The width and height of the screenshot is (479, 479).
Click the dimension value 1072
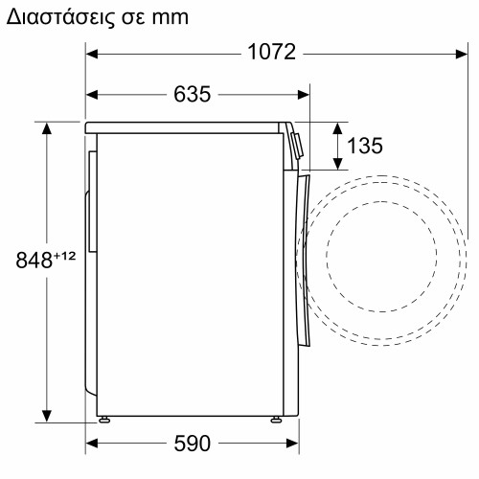(x=272, y=53)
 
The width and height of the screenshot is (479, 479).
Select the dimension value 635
(x=193, y=94)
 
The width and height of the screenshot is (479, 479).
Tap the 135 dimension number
(x=364, y=146)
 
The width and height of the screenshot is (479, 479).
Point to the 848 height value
(x=34, y=260)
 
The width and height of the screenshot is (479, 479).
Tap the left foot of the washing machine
(x=103, y=419)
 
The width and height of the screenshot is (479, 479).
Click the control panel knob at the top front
(x=298, y=144)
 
